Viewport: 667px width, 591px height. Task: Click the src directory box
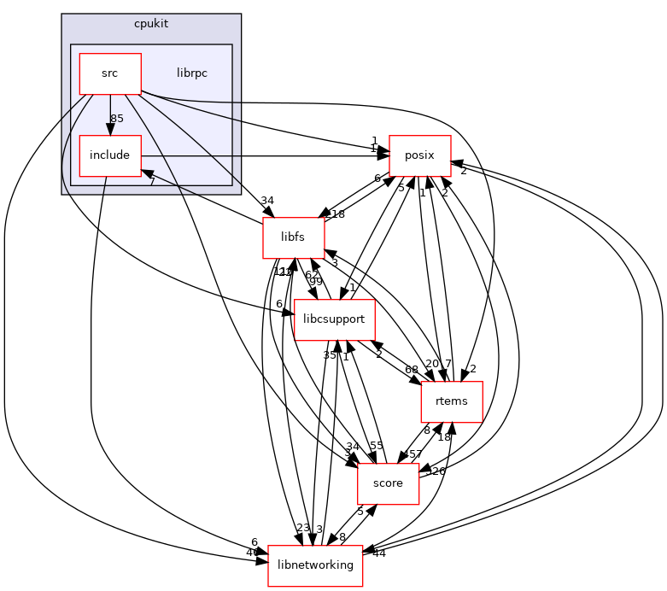coord(110,73)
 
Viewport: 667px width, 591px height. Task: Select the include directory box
coord(110,155)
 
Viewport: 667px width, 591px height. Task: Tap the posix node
coord(420,155)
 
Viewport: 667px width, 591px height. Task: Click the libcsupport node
coord(341,319)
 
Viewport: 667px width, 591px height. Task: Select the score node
coord(388,483)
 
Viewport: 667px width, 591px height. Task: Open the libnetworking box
coord(315,565)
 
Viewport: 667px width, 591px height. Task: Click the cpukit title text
coord(151,23)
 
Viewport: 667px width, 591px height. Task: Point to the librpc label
coord(191,73)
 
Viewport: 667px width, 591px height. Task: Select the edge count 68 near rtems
coord(412,369)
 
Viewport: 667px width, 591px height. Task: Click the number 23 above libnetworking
coord(303,528)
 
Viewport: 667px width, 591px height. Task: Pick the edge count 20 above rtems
coord(432,364)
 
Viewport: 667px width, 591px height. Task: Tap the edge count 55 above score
coord(377,446)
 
